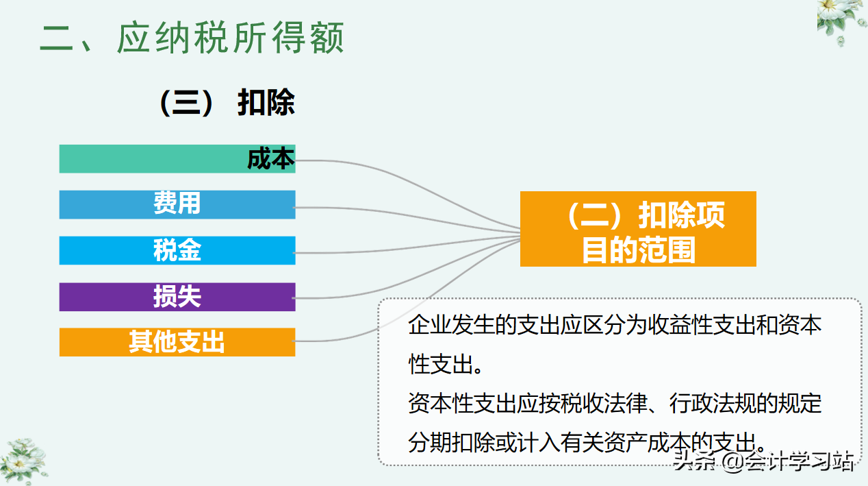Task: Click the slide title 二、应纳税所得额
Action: (192, 38)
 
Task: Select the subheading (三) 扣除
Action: (227, 104)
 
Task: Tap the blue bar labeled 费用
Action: (177, 204)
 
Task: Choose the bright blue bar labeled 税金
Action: (177, 250)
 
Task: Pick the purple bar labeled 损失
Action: (177, 297)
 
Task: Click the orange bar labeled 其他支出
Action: (177, 342)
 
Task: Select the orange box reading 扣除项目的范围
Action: (638, 229)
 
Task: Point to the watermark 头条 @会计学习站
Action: (763, 461)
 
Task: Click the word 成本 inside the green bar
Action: (271, 159)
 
